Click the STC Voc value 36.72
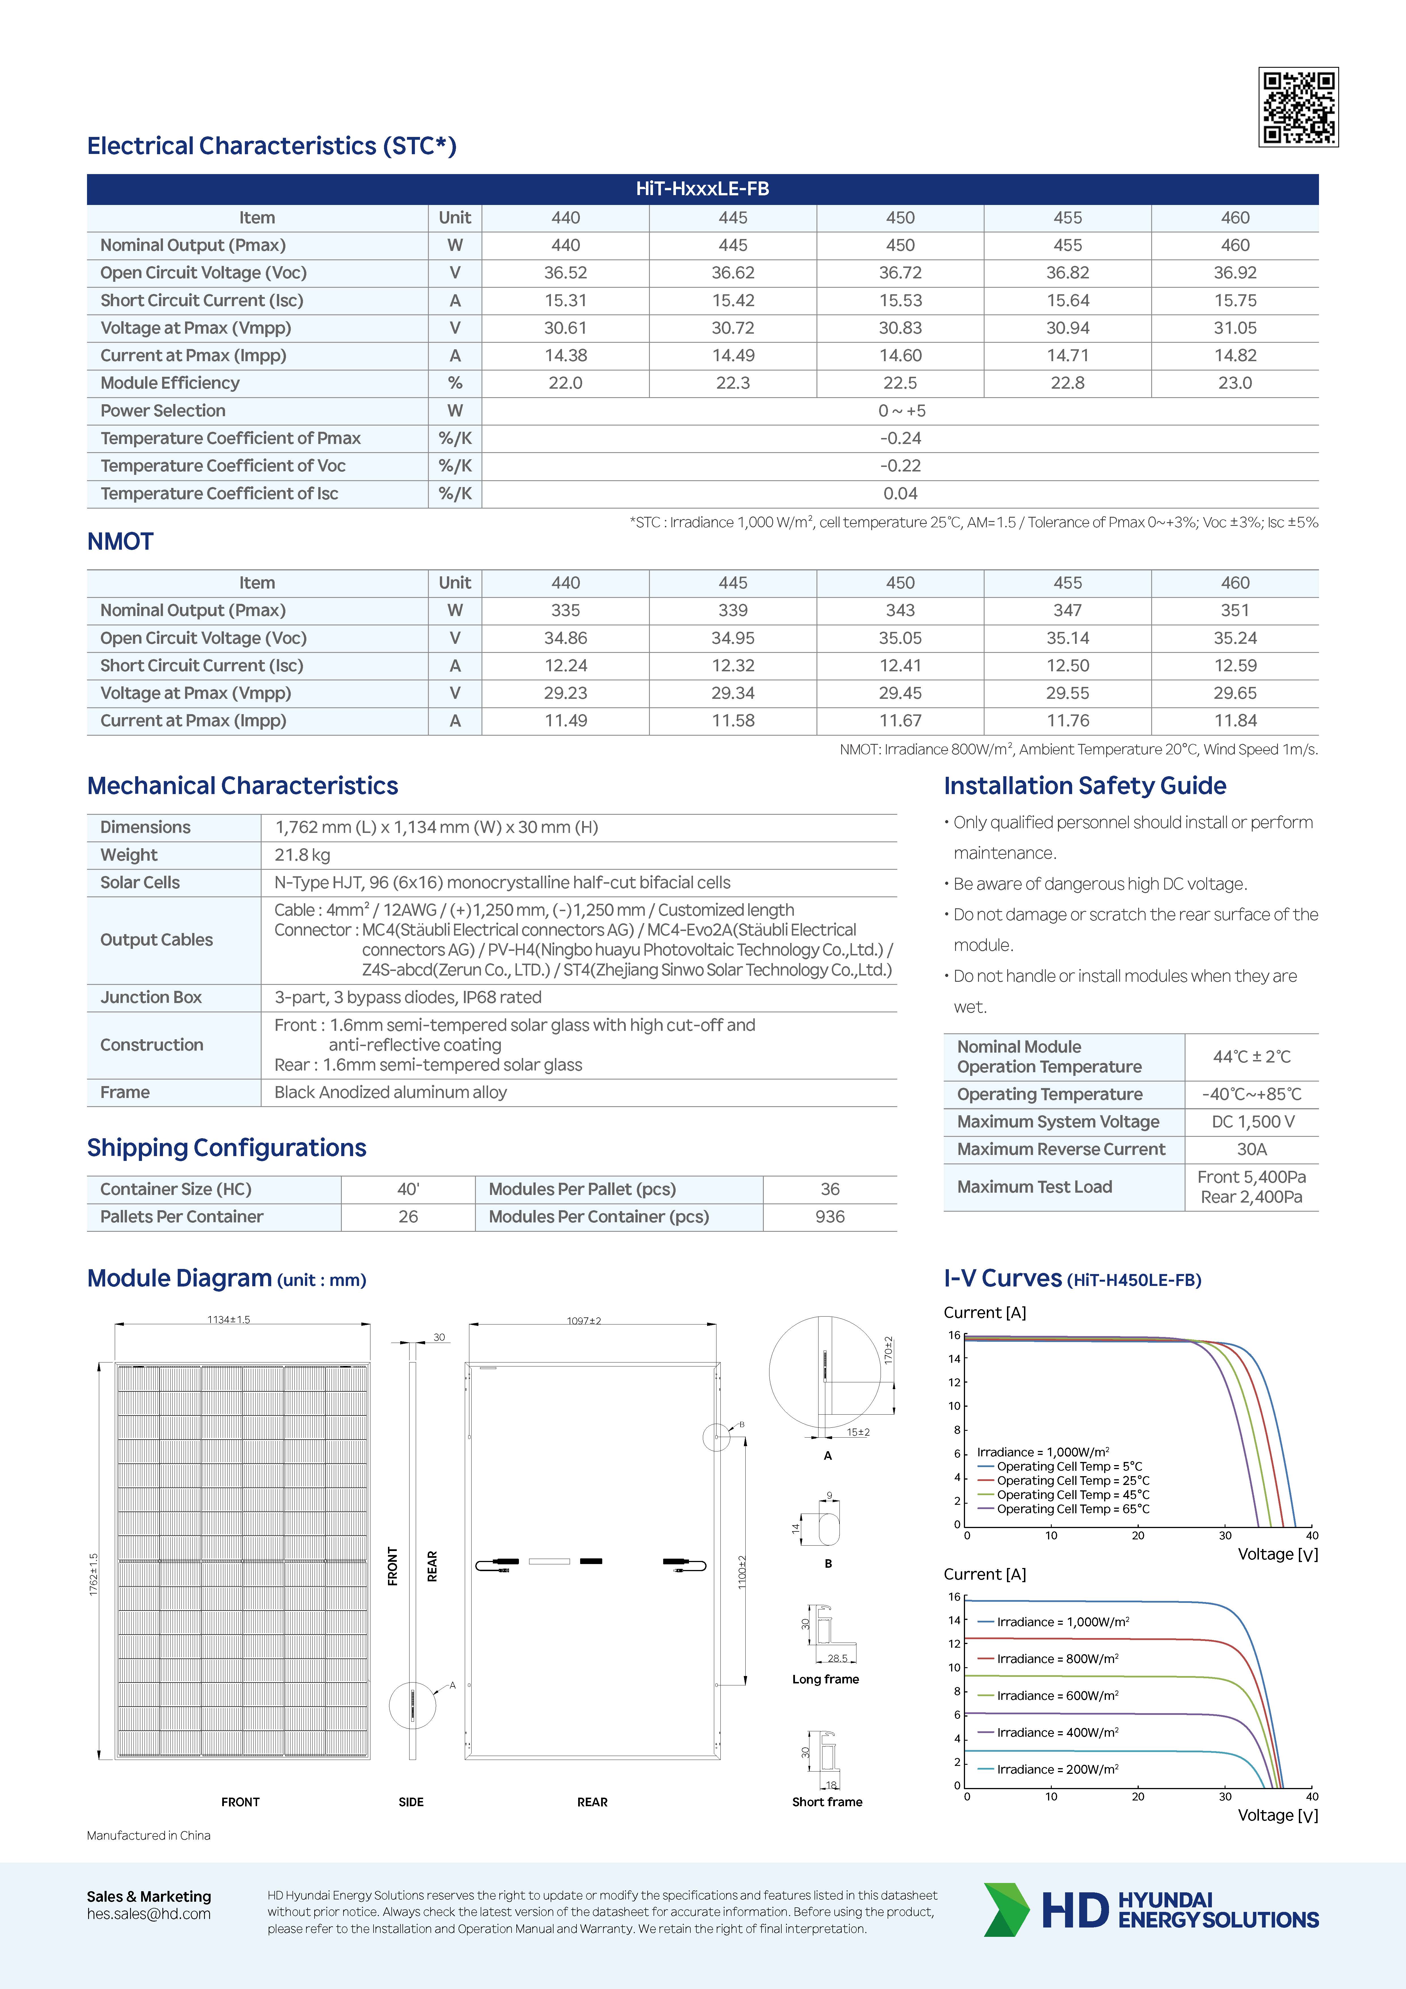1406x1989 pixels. (900, 273)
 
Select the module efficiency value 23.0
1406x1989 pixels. (1235, 383)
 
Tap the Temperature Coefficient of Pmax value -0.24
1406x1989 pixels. (900, 438)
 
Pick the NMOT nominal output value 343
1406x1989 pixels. (900, 610)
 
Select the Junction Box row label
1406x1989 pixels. (151, 997)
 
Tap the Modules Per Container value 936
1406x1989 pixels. (829, 1216)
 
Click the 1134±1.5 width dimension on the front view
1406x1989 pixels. (229, 1319)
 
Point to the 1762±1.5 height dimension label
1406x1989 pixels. (94, 1574)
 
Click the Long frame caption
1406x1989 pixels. (825, 1679)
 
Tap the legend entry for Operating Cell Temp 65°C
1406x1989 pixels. (1072, 1509)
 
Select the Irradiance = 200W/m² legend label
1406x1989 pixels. (1057, 1769)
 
